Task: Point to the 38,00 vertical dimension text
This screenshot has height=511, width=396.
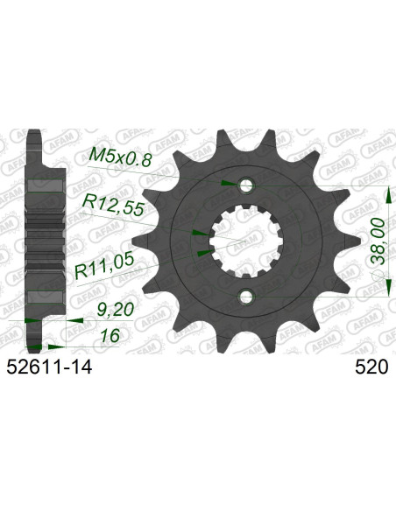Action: (x=378, y=228)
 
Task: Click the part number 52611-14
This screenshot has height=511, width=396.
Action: (x=52, y=369)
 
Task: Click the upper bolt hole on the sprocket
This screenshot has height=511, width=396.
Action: (x=245, y=185)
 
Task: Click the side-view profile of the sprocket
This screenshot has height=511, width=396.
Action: (x=39, y=236)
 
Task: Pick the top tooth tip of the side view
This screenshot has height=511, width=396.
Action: (x=35, y=136)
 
